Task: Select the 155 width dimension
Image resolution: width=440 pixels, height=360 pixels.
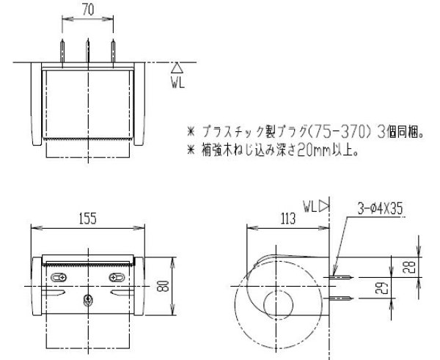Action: [x=88, y=218]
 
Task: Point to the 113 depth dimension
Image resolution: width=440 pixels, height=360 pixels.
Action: [x=287, y=218]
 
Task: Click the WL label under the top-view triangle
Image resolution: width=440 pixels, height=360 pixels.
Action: [x=177, y=82]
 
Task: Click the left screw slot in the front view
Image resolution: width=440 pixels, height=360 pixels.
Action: [x=61, y=277]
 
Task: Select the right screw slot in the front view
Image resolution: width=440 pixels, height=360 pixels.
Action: [x=117, y=277]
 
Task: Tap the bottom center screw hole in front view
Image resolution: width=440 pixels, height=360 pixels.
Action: [x=89, y=299]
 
